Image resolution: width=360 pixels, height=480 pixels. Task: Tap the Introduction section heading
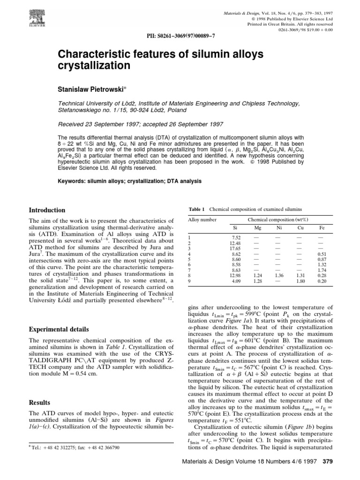coord(47,210)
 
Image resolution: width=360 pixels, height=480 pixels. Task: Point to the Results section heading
coord(39,402)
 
